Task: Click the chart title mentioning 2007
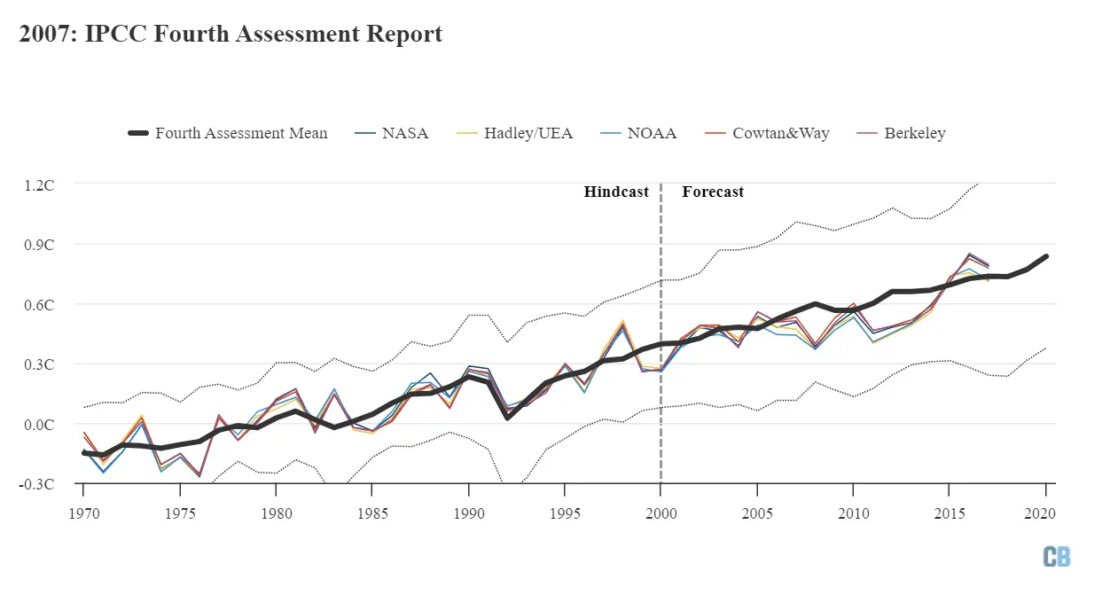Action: click(x=231, y=35)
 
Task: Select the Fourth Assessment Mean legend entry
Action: click(x=228, y=133)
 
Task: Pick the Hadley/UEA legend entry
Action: click(x=513, y=133)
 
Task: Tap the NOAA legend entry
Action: click(x=638, y=133)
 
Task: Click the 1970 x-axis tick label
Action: click(x=83, y=513)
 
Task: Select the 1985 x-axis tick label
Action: click(x=372, y=513)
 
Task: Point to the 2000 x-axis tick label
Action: click(x=661, y=513)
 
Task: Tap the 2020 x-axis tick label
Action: click(x=1045, y=513)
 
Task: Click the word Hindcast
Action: click(x=616, y=192)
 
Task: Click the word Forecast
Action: click(x=713, y=192)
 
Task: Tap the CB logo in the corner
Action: click(x=1057, y=556)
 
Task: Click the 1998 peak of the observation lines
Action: click(x=622, y=323)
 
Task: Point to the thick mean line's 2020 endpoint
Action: click(x=1046, y=256)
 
